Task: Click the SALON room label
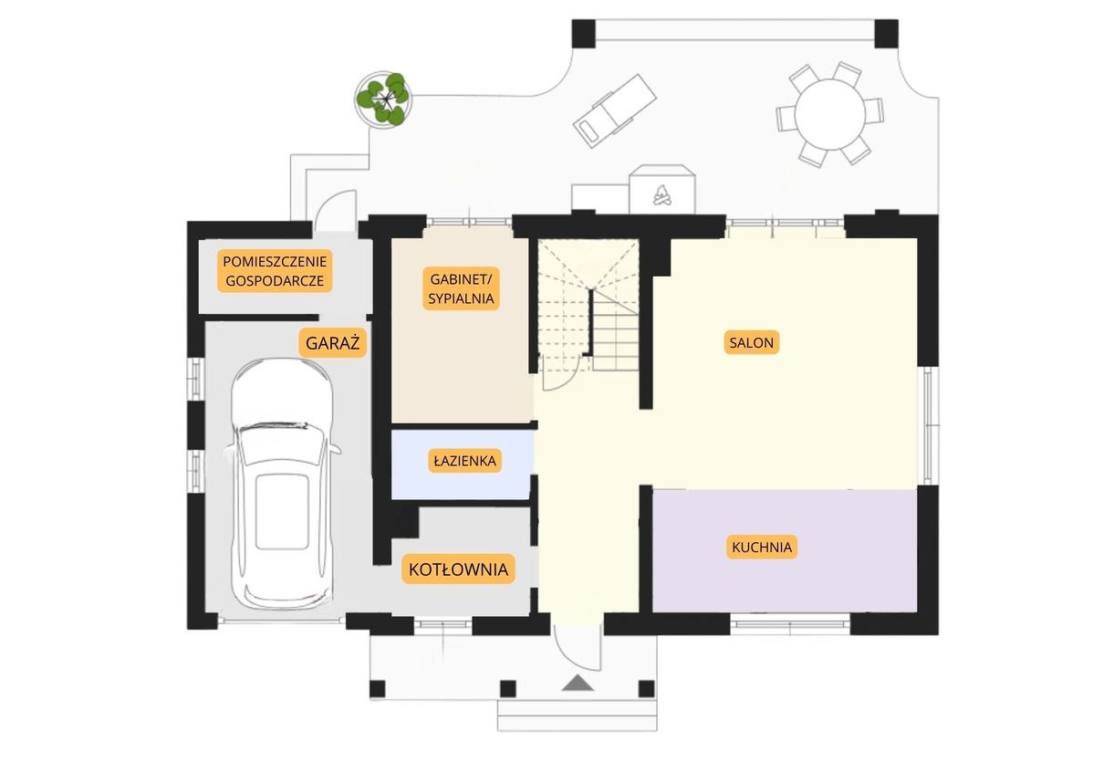(x=752, y=342)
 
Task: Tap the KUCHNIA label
(x=762, y=548)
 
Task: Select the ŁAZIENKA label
(x=464, y=461)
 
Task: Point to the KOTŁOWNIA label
(x=458, y=569)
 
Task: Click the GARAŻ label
(x=332, y=342)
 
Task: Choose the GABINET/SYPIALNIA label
(x=461, y=288)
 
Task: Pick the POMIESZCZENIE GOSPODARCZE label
(x=275, y=271)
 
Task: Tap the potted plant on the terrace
(x=382, y=99)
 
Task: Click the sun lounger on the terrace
(x=615, y=110)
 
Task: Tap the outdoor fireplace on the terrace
(x=661, y=190)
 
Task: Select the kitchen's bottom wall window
(x=790, y=623)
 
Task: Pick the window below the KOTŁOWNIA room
(x=444, y=624)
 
